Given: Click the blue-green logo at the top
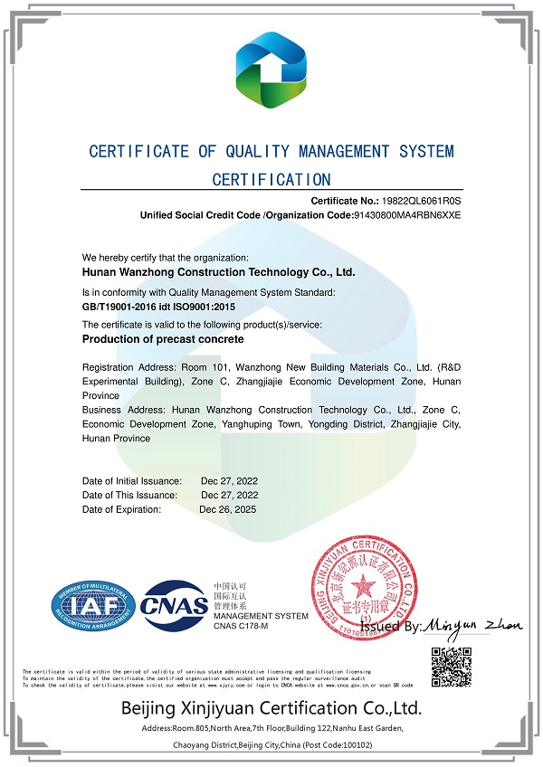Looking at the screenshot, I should tap(271, 68).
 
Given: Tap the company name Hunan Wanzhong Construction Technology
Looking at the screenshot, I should tap(218, 270).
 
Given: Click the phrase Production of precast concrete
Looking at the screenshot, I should tap(163, 339).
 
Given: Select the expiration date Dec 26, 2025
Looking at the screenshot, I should tap(229, 509).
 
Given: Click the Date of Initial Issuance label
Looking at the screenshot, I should tap(132, 480).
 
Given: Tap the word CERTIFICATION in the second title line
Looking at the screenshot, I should tap(271, 179).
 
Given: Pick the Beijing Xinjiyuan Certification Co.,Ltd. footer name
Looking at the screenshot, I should tap(271, 707).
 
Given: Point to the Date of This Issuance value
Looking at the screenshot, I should tap(229, 495).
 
